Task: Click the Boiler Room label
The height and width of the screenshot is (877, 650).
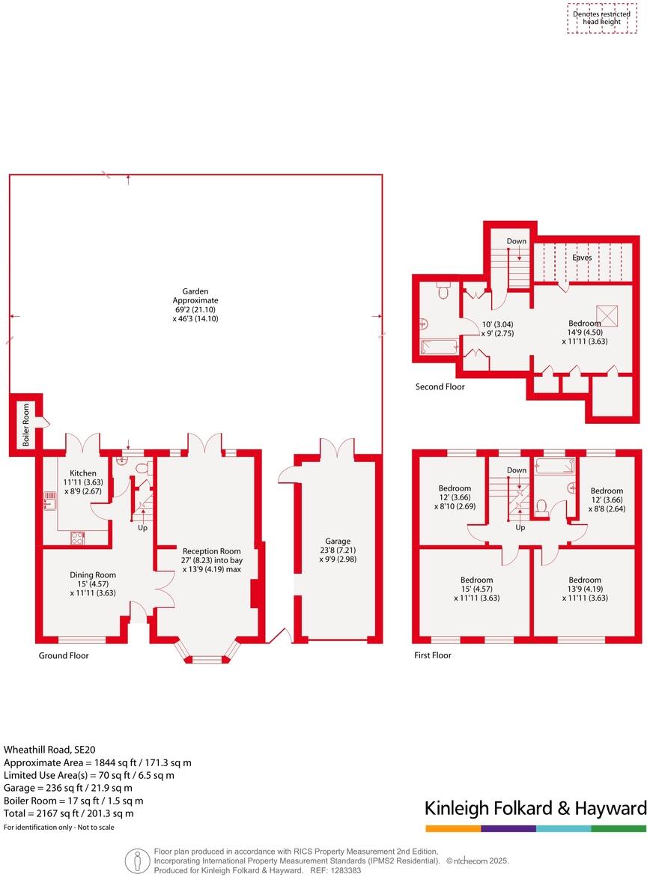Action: coord(25,425)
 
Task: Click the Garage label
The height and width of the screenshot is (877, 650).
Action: coord(338,541)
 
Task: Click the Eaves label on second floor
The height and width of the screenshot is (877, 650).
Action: coord(582,258)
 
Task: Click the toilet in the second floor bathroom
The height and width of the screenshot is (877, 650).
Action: coord(442,291)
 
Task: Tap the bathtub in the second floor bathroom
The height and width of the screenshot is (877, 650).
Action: coord(436,347)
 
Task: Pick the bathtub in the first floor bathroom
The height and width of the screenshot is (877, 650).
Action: coord(553,465)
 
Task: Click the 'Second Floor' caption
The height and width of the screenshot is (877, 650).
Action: coord(440,387)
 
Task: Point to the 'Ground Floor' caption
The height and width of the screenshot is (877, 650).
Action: coord(64,656)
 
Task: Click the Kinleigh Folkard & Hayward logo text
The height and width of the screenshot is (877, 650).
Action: coord(535,808)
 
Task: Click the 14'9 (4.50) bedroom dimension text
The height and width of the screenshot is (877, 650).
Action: coord(584,333)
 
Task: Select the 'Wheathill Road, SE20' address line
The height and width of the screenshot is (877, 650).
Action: coord(50,749)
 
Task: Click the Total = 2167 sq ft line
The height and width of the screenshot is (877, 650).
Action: coord(69,813)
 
